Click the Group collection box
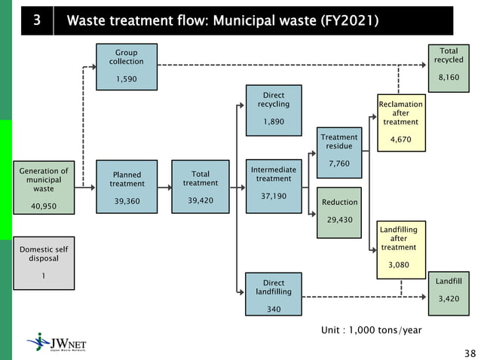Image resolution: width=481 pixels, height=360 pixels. [125, 66]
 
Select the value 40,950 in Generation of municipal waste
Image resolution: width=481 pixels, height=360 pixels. [43, 206]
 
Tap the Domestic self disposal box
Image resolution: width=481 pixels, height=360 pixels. [44, 263]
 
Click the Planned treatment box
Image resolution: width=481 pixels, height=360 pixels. [126, 187]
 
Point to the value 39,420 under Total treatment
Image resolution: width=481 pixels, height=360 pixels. [200, 200]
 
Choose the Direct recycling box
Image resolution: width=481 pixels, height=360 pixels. [274, 108]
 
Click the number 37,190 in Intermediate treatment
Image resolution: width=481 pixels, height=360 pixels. [273, 196]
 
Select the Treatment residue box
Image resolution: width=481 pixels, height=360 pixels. [339, 151]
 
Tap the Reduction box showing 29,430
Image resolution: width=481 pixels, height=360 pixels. [339, 211]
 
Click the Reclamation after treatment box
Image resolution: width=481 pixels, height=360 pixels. [401, 122]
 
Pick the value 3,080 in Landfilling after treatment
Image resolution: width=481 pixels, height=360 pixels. [399, 265]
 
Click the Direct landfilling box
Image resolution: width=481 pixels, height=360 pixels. [273, 294]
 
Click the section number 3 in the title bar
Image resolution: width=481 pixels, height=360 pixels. [36, 20]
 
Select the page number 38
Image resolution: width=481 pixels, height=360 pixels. [469, 352]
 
